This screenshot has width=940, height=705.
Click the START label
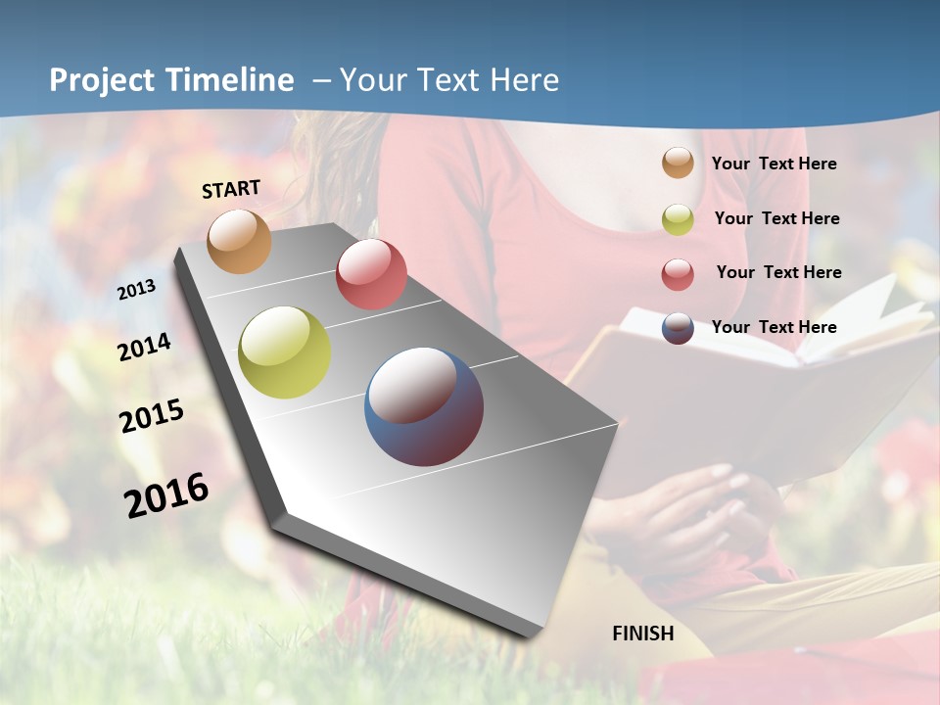point(231,189)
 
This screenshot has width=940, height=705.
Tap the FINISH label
point(643,634)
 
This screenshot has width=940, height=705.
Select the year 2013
point(137,289)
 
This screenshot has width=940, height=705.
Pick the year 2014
point(144,347)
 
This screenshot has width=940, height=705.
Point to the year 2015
point(152,415)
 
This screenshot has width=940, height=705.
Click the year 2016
point(166,494)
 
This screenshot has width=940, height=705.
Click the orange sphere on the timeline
point(239,241)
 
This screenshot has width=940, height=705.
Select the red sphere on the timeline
point(371,274)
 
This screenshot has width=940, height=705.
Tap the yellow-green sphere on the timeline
point(285,352)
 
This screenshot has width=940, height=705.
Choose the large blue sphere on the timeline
point(424,406)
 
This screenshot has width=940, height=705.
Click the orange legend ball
point(678,164)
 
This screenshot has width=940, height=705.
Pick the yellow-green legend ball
point(678,219)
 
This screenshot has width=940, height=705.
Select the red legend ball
point(678,273)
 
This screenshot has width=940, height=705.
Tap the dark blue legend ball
point(678,328)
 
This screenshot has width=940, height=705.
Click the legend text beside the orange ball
point(774,164)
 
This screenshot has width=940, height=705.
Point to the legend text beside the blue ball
point(774,327)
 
